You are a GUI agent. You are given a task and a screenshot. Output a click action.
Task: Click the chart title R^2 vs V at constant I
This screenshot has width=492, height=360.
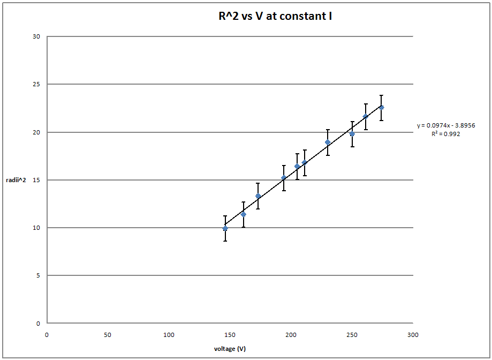(x=273, y=16)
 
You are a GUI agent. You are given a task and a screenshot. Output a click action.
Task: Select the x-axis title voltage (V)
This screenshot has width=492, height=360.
(x=230, y=348)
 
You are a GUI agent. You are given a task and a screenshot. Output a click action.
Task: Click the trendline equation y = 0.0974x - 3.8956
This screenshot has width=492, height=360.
(x=446, y=125)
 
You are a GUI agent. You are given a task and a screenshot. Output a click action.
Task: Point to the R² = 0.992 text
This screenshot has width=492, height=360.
(x=445, y=134)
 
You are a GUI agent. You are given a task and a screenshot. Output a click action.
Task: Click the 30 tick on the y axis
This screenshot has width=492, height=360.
(x=36, y=37)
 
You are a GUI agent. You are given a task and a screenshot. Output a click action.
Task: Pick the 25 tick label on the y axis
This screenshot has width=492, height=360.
(x=36, y=85)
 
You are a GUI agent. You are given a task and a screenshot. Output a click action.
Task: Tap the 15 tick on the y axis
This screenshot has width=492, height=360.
(x=36, y=180)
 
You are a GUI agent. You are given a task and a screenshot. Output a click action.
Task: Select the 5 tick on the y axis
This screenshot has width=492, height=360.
(x=38, y=275)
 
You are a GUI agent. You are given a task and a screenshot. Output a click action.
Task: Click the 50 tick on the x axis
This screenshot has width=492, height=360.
(x=108, y=335)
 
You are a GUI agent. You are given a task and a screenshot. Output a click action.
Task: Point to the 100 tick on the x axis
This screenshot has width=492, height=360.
(x=169, y=335)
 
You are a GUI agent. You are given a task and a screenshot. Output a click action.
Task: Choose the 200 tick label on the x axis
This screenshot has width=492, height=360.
(x=291, y=335)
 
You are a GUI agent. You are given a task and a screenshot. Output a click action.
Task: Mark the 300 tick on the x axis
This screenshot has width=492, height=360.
(x=413, y=335)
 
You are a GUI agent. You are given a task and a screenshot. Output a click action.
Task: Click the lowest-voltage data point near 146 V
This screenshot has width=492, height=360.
(x=225, y=228)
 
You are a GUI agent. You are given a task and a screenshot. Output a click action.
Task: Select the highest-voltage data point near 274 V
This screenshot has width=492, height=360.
(x=382, y=108)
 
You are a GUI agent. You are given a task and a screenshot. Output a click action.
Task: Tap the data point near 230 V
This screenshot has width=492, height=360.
(x=328, y=142)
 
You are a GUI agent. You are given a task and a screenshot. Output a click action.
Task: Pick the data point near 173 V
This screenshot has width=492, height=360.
(x=258, y=196)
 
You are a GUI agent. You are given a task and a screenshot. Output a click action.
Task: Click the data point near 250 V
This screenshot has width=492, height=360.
(x=352, y=134)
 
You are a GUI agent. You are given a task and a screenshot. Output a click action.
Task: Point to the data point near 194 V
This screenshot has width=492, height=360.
(x=284, y=178)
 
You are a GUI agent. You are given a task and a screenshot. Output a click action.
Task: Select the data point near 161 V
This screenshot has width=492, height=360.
(x=244, y=214)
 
